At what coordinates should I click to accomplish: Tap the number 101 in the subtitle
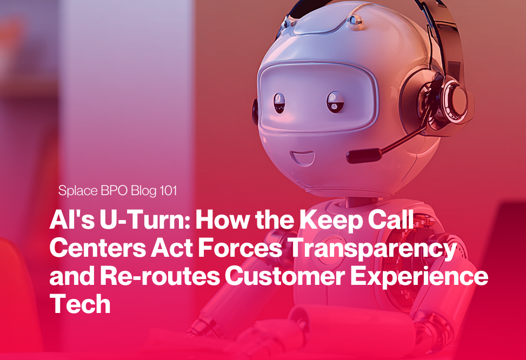[167, 191]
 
